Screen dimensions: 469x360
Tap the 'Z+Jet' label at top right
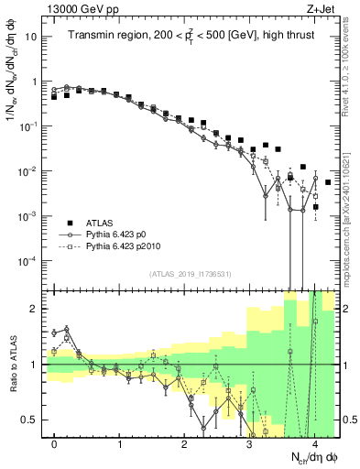(x=322, y=8)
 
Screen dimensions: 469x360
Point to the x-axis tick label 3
(x=249, y=444)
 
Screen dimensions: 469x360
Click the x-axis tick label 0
(x=55, y=444)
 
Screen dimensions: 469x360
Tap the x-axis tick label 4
(x=314, y=444)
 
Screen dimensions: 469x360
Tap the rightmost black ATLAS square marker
(x=328, y=182)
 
